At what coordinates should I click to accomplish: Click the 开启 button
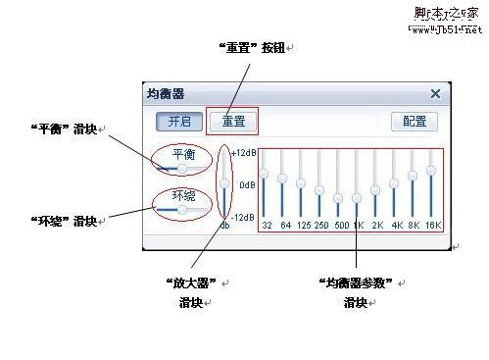tap(179, 122)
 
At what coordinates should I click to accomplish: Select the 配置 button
tap(415, 122)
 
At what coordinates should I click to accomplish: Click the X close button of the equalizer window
tap(435, 94)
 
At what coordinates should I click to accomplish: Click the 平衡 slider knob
tap(182, 169)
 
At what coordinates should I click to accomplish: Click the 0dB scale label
tap(247, 183)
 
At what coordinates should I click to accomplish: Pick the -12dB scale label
tap(243, 216)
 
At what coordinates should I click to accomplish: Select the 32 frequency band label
tap(267, 226)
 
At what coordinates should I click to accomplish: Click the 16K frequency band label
tap(432, 226)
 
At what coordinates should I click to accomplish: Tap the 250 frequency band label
tap(319, 226)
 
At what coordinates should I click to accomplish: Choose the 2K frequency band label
tap(377, 226)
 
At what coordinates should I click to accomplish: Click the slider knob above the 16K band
tap(431, 171)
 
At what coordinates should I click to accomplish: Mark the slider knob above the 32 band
tap(264, 174)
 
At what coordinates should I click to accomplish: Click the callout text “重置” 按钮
tap(251, 47)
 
